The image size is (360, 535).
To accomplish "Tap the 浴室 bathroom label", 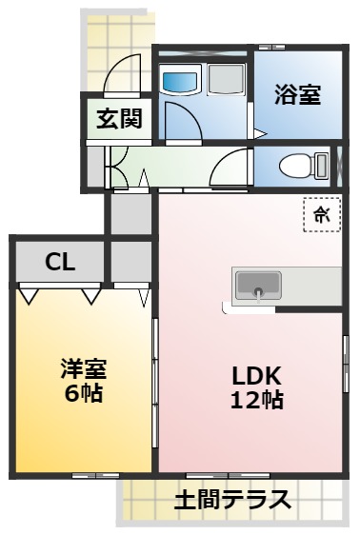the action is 297,94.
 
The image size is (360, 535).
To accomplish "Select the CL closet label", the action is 60,263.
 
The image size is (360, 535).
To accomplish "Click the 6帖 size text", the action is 83,391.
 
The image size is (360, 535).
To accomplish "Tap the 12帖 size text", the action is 256,400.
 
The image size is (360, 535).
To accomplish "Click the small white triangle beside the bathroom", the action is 257,132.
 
